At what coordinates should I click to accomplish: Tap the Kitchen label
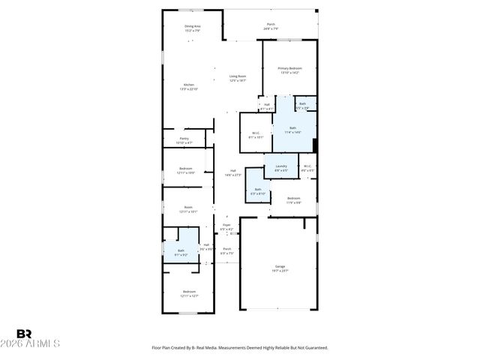point(189,86)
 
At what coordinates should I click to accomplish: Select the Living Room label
point(238,78)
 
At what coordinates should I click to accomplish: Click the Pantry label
point(184,140)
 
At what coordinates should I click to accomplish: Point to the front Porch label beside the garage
point(226,250)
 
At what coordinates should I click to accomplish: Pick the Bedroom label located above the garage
point(294,199)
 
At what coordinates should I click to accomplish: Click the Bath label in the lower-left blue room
point(181,252)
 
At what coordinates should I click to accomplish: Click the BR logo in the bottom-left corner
point(24,334)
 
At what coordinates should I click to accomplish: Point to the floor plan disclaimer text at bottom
point(240,348)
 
